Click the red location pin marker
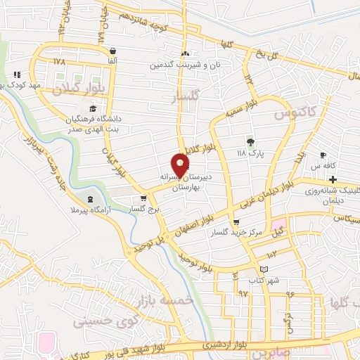(181, 164)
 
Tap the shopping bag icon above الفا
(112, 51)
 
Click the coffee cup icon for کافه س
(323, 155)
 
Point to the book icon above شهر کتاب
(264, 269)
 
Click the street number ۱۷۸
(58, 62)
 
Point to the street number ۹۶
(289, 286)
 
